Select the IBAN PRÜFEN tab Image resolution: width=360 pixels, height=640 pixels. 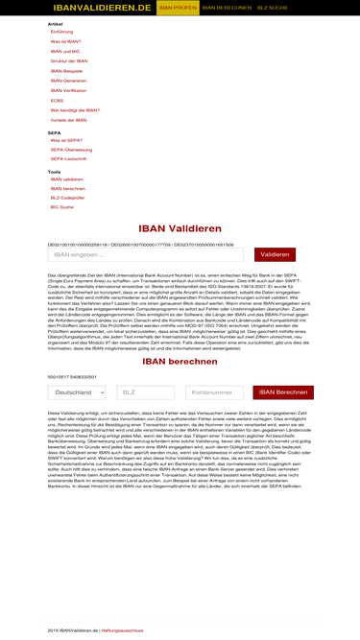(x=178, y=7)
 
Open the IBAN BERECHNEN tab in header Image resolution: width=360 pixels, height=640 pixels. (x=227, y=7)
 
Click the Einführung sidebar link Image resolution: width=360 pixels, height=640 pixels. (x=61, y=32)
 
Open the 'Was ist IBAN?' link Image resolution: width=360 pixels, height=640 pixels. (x=66, y=41)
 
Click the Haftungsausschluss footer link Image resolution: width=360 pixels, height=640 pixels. (x=123, y=629)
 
